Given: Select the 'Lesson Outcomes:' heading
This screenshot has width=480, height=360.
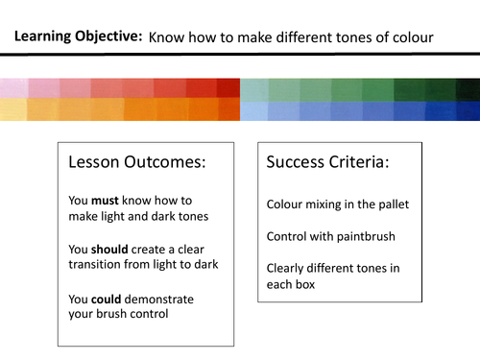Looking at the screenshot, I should [137, 162].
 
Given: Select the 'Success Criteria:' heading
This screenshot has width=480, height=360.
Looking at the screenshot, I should [327, 162].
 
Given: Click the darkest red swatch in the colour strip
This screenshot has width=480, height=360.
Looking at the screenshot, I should [228, 87].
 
